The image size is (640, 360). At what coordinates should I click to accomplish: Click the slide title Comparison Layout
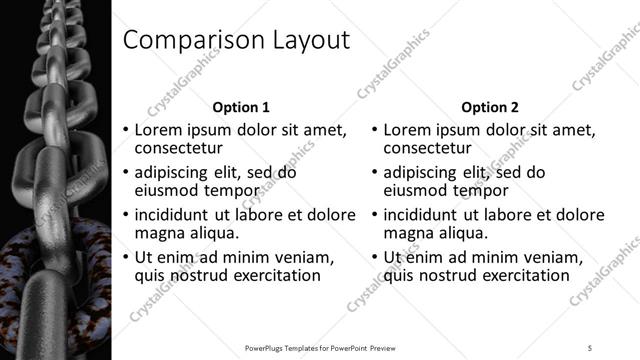(236, 40)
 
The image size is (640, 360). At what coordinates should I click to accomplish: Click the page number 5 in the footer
(590, 347)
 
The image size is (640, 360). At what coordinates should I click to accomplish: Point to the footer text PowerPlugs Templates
(290, 347)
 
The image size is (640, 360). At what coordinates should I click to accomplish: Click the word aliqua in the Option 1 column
(210, 233)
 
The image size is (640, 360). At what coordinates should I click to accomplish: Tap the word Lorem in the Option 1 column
(158, 130)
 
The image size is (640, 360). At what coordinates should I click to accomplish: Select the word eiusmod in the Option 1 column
(166, 191)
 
